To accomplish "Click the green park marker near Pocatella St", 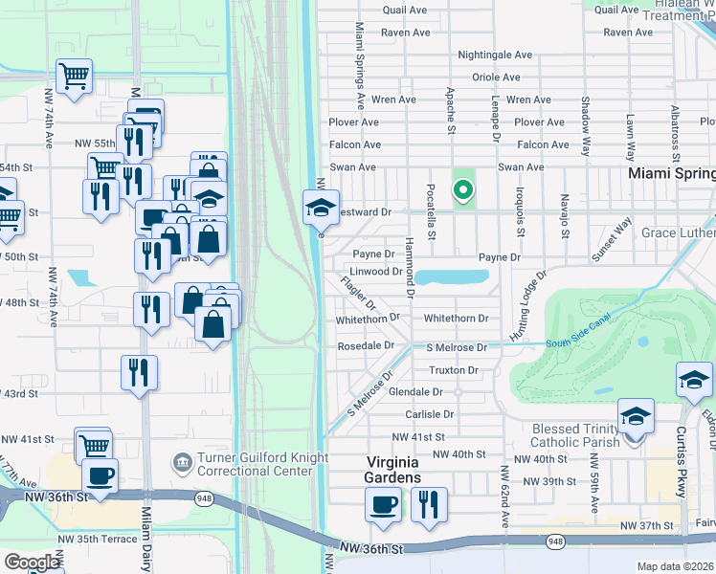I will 463,190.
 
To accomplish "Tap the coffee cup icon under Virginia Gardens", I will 384,504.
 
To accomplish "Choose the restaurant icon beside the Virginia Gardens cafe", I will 429,504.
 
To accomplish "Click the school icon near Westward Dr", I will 321,206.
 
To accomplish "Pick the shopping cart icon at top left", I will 74,76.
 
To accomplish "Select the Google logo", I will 32,563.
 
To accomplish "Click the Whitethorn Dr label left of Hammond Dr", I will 367,319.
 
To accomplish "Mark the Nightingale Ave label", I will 494,55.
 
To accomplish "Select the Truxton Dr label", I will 453,369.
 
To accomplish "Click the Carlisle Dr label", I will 429,414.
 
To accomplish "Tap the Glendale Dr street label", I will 415,392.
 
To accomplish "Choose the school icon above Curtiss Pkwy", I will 694,380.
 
